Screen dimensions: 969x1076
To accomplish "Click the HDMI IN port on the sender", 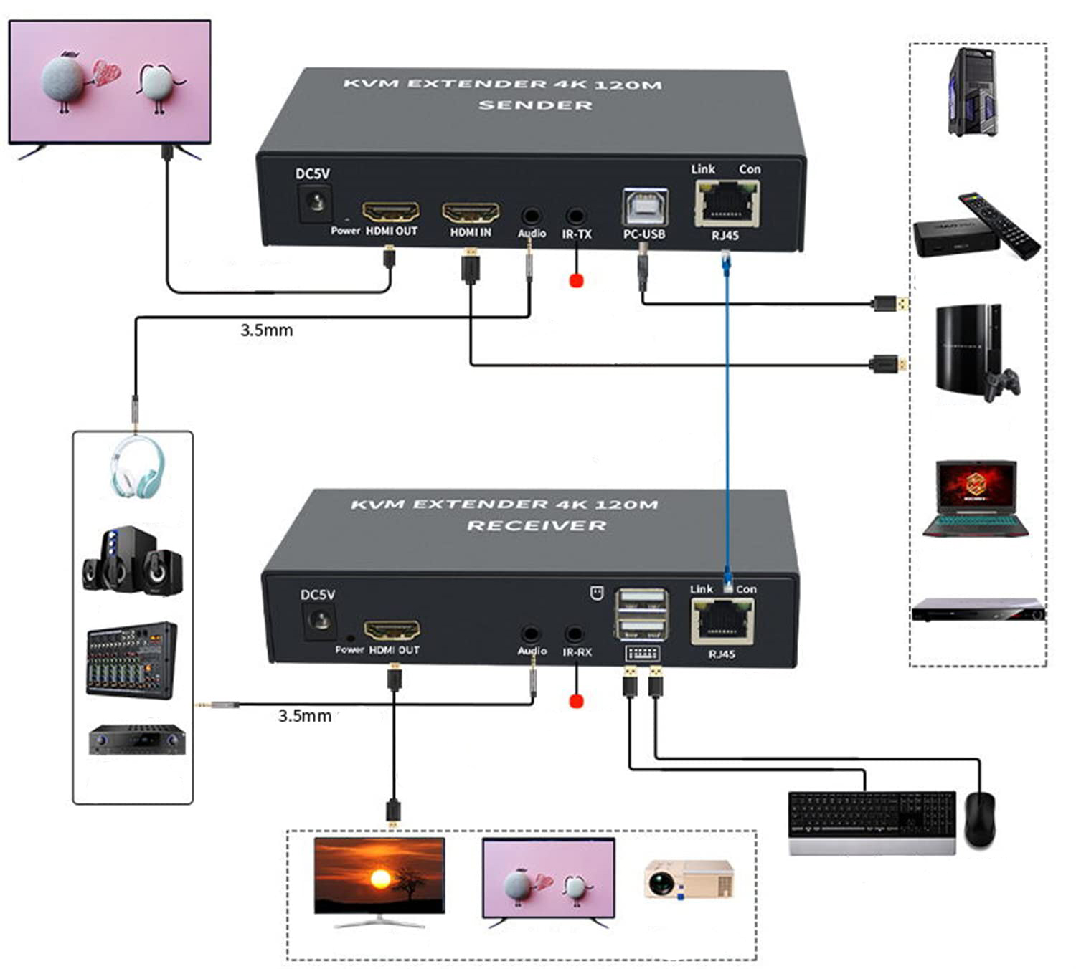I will (471, 213).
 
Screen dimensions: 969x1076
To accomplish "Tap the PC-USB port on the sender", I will (645, 208).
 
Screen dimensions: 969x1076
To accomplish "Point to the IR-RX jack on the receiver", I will (574, 634).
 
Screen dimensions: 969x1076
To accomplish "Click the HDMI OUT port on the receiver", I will (392, 631).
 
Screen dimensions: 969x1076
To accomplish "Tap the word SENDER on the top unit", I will (535, 105).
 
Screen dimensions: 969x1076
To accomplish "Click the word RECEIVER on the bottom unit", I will (537, 525).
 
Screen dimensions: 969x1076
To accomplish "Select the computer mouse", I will (979, 819).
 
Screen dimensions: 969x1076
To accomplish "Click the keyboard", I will (872, 821).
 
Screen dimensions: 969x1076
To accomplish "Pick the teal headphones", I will (137, 467).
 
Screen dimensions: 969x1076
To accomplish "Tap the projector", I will (689, 879).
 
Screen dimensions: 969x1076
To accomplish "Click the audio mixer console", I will (131, 659).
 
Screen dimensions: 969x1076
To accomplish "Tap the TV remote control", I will (999, 225).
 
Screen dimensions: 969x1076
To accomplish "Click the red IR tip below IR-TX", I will (576, 280).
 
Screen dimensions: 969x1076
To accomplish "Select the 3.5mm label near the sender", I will (266, 330).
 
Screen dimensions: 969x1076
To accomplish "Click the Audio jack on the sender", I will (531, 215).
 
